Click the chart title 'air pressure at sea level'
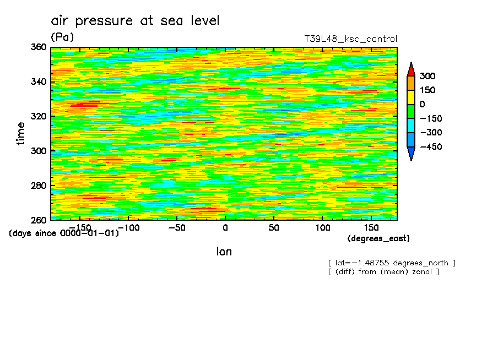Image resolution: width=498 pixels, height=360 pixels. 135,21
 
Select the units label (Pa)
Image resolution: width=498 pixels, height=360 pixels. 62,37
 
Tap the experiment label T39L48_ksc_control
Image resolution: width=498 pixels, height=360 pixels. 350,39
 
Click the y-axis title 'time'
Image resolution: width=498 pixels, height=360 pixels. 21,133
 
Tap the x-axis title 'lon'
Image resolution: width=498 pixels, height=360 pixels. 224,252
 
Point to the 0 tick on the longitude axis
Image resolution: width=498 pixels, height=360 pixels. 225,227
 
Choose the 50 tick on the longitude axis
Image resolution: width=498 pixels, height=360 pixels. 274,227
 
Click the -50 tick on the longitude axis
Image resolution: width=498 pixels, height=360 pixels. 176,227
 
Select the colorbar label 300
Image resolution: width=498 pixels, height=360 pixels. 427,76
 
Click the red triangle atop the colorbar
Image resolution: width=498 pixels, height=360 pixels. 410,70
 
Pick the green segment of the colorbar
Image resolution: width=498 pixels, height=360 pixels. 410,111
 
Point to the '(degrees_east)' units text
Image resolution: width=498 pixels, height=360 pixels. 378,238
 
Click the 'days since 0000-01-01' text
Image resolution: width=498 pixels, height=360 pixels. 64,233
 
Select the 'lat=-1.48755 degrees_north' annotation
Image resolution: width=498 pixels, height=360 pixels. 392,263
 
